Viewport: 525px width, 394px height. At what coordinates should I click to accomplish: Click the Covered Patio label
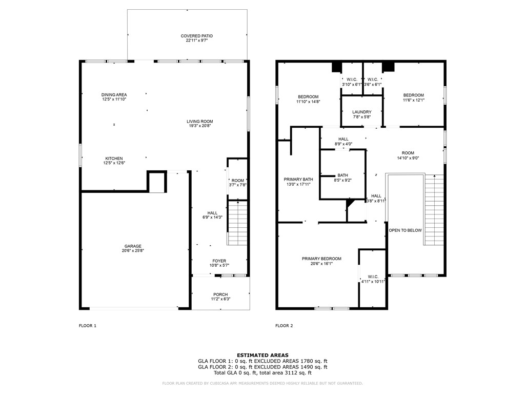(196, 36)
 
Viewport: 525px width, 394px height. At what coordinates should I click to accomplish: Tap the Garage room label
(132, 246)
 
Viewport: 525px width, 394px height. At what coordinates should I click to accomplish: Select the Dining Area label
(114, 95)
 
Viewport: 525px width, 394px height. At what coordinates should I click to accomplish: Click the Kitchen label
(114, 159)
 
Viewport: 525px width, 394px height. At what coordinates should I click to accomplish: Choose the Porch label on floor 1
(220, 294)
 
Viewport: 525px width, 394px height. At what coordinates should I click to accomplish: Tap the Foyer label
(219, 261)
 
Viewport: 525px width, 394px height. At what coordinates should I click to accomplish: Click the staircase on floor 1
(237, 224)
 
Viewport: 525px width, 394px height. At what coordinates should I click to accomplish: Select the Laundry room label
(361, 112)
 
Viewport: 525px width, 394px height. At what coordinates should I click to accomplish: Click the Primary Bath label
(297, 180)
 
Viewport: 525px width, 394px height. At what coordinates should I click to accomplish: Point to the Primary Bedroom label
(321, 259)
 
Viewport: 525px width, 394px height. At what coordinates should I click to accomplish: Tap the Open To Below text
(405, 230)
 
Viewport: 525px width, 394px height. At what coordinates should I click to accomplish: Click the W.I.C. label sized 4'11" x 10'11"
(373, 277)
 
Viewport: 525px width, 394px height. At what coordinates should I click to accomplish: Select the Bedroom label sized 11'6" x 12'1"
(413, 95)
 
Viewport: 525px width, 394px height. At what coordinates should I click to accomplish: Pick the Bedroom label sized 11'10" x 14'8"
(308, 97)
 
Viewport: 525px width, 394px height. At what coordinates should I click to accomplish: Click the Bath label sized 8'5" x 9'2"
(342, 175)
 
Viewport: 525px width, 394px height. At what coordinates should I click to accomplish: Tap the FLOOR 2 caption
(284, 326)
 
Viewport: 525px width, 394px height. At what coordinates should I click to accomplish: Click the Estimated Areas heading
(262, 355)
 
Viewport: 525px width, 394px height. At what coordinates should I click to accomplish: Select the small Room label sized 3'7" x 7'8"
(237, 181)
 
